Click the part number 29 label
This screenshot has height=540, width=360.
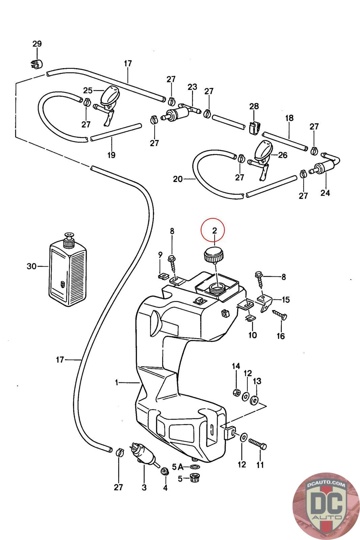[x=37, y=44]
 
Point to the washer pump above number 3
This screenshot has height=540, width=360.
[x=144, y=452]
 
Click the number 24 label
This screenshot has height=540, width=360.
[x=325, y=193]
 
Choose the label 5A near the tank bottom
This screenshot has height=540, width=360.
[x=177, y=467]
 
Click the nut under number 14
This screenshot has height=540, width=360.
[x=237, y=392]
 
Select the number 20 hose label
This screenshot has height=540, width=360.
[x=178, y=179]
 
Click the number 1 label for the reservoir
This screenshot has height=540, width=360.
[x=116, y=383]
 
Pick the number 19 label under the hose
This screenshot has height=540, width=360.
[x=111, y=155]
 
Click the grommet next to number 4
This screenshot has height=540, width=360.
[x=165, y=470]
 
